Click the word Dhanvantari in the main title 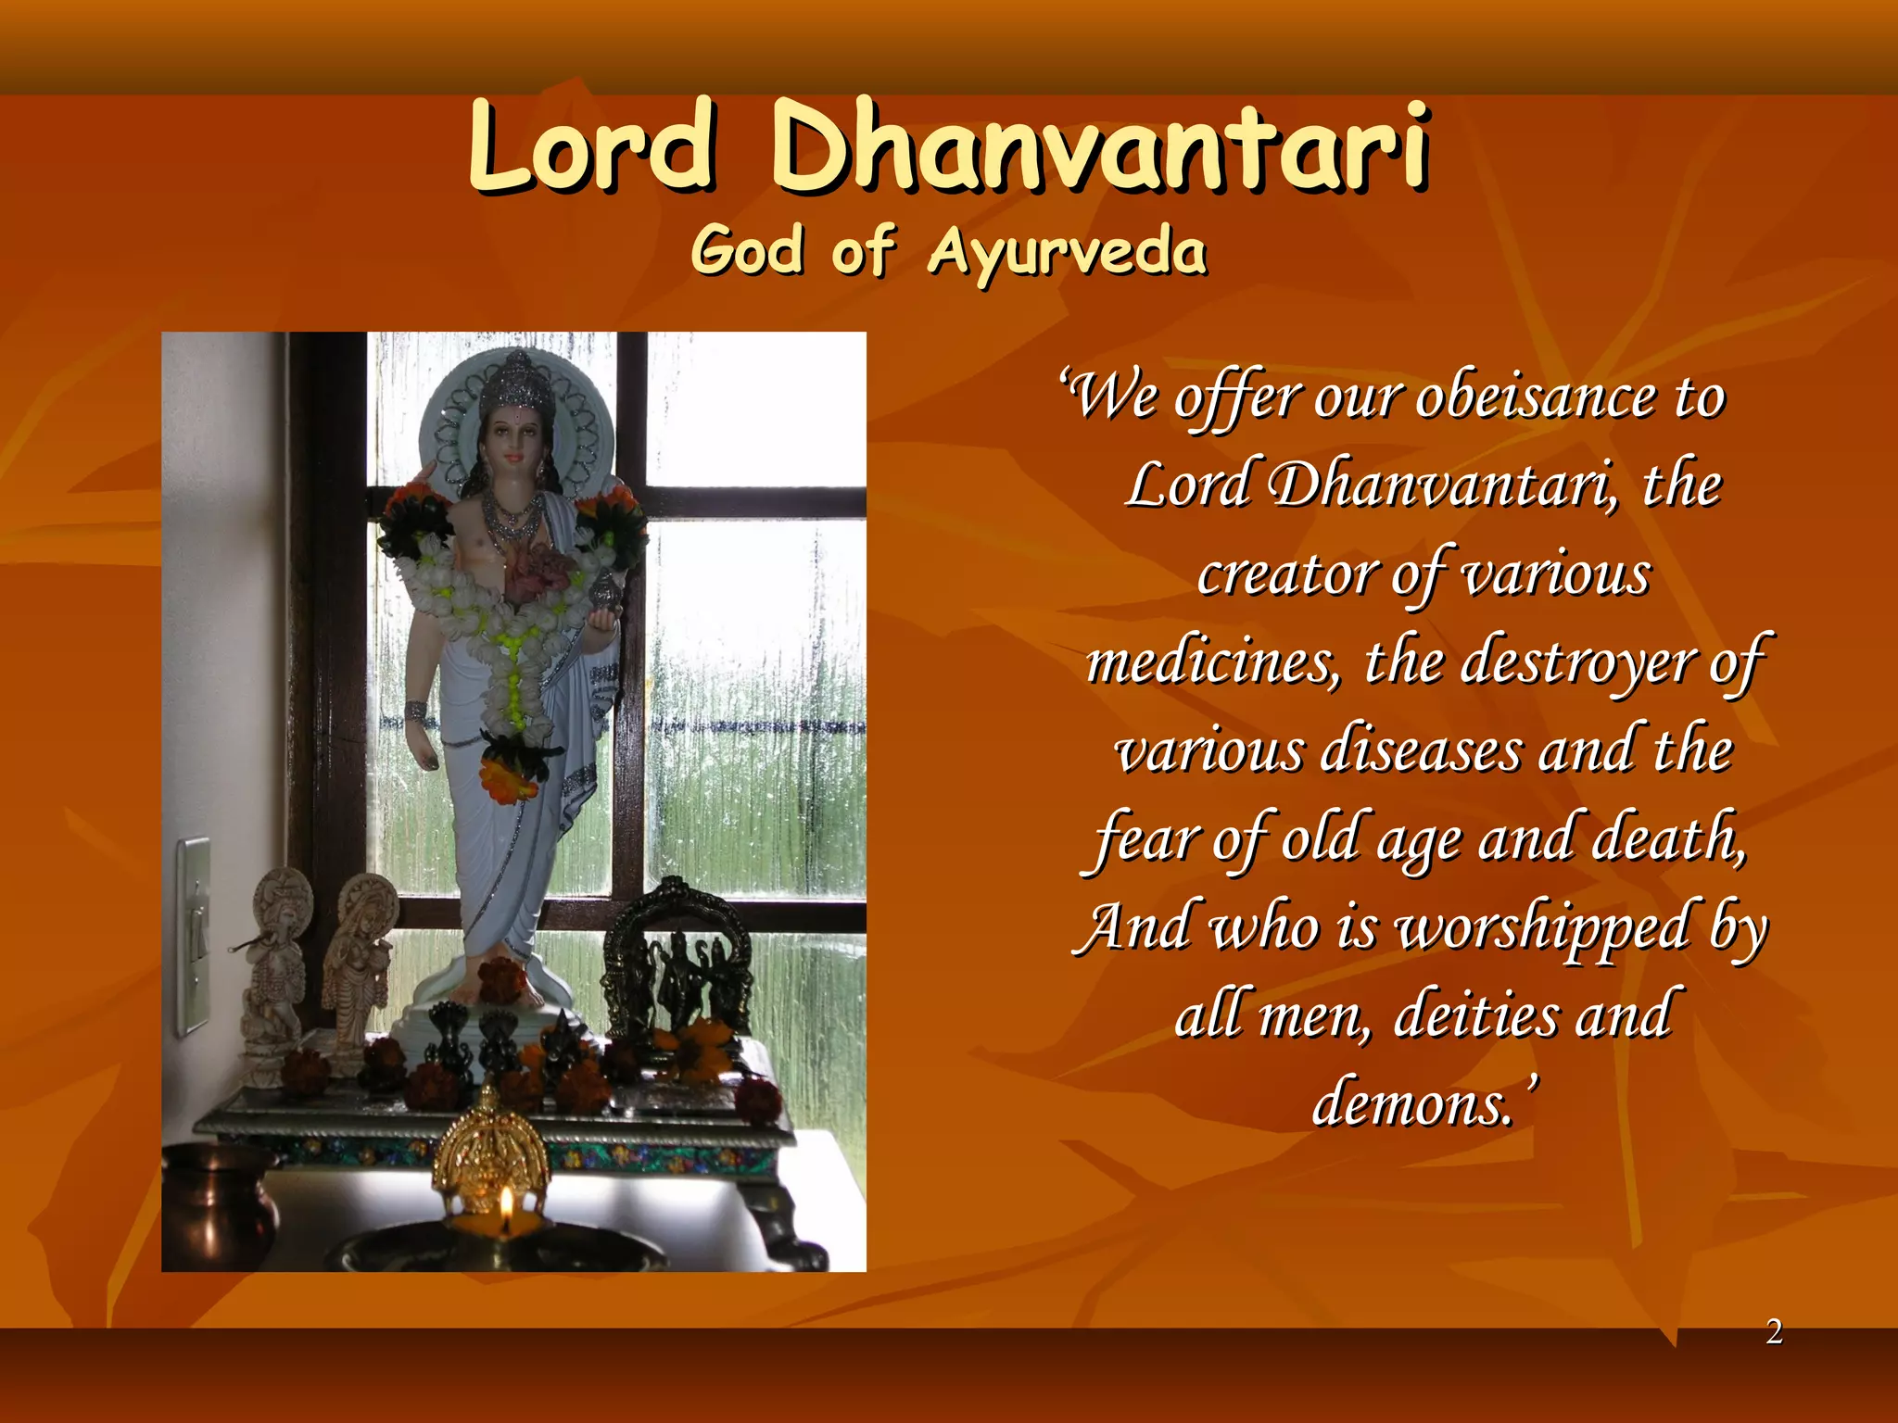tap(1100, 145)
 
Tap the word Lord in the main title tap(592, 145)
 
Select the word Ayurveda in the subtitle tap(1067, 251)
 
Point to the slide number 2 tap(1774, 1332)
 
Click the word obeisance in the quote tap(1536, 399)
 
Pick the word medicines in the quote tap(1212, 663)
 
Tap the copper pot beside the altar tap(215, 1204)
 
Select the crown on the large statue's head tap(511, 380)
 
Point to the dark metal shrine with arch tap(677, 963)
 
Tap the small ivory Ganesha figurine tap(276, 963)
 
